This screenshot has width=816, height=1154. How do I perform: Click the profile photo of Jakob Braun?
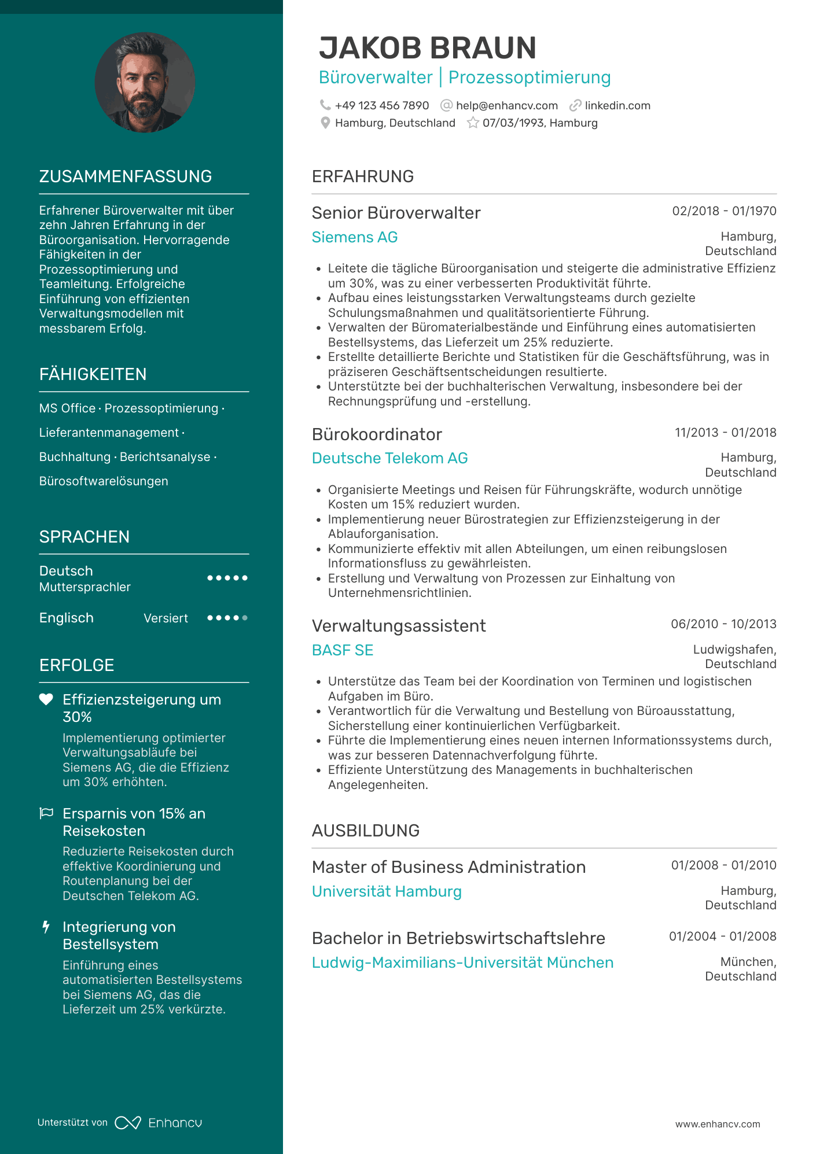[x=145, y=83]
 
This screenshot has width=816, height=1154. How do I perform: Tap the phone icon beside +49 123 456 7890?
[x=325, y=105]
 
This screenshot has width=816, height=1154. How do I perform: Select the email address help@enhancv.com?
[x=506, y=106]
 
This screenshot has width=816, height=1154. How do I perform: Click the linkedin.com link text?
[x=617, y=106]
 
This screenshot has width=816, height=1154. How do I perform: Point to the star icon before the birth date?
[x=473, y=123]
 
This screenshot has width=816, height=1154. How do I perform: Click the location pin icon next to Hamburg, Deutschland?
[x=325, y=123]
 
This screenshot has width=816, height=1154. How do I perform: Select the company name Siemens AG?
[x=355, y=237]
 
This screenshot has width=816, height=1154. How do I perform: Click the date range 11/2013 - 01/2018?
[x=725, y=433]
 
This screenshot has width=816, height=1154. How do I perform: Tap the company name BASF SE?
[x=343, y=650]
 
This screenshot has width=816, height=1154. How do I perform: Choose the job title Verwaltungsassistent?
[x=399, y=626]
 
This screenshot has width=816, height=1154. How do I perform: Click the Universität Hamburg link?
[x=387, y=891]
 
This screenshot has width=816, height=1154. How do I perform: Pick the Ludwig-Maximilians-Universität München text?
[x=462, y=963]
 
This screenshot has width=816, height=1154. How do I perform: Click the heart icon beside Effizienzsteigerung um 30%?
[x=46, y=699]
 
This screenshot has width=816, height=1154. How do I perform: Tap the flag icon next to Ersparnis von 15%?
[x=46, y=813]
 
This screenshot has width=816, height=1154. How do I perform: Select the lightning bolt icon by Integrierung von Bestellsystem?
[x=46, y=927]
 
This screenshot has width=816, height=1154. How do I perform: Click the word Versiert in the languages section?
[x=166, y=618]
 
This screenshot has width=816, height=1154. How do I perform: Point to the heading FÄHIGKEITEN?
[x=93, y=374]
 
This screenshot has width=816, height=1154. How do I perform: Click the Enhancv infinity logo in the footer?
[x=128, y=1123]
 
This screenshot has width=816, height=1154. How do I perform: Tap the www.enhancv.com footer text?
[x=718, y=1124]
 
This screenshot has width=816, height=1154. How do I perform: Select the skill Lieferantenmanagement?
[x=109, y=433]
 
